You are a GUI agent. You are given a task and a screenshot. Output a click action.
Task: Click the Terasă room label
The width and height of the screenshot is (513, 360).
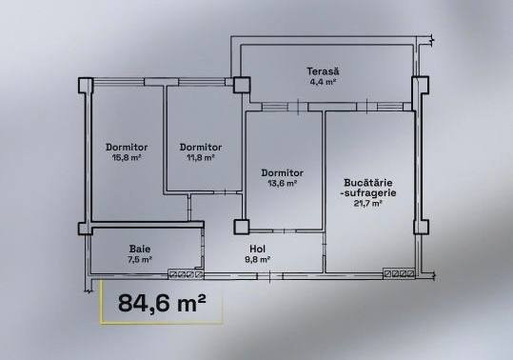click(x=323, y=71)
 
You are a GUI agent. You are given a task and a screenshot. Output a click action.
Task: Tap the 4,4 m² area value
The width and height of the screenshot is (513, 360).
click(x=323, y=81)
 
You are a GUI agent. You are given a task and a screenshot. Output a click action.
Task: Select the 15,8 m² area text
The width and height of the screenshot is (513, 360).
click(x=127, y=157)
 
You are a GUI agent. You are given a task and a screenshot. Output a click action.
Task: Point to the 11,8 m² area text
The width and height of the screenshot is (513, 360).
click(x=201, y=157)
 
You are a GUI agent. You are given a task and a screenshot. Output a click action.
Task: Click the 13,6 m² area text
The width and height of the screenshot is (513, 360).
click(x=283, y=183)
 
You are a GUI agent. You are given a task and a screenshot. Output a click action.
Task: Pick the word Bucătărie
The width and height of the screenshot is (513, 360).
click(x=368, y=182)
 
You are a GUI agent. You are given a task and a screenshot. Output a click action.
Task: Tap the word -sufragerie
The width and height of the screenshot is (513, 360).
click(x=368, y=192)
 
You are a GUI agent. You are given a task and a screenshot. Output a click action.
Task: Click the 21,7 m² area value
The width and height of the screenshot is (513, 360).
click(x=368, y=203)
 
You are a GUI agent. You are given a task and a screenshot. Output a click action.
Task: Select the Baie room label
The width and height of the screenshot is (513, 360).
click(x=140, y=250)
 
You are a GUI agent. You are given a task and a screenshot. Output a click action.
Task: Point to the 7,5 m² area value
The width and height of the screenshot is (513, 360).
click(x=140, y=260)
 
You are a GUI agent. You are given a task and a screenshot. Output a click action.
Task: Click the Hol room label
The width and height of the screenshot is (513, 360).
click(x=258, y=250)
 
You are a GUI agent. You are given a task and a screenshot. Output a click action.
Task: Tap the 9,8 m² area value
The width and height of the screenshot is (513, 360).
click(x=258, y=260)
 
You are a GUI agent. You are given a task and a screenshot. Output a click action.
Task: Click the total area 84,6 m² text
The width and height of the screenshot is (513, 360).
click(x=162, y=303)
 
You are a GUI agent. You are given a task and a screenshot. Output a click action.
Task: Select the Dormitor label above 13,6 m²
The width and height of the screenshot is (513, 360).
click(x=283, y=172)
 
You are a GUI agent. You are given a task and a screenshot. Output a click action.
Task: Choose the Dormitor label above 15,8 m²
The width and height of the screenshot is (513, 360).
click(x=127, y=148)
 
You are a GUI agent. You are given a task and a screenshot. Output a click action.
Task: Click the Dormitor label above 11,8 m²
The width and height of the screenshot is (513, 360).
click(x=201, y=148)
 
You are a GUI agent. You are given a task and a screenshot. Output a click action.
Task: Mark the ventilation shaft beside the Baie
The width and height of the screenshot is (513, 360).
click(x=186, y=274)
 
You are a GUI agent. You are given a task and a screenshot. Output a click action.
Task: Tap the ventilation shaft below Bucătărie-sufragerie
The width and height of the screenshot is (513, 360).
click(x=399, y=273)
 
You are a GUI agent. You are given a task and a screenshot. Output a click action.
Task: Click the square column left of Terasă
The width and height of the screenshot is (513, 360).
click(x=242, y=85)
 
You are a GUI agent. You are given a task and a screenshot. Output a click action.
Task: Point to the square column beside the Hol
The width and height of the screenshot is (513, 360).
click(x=242, y=227)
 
